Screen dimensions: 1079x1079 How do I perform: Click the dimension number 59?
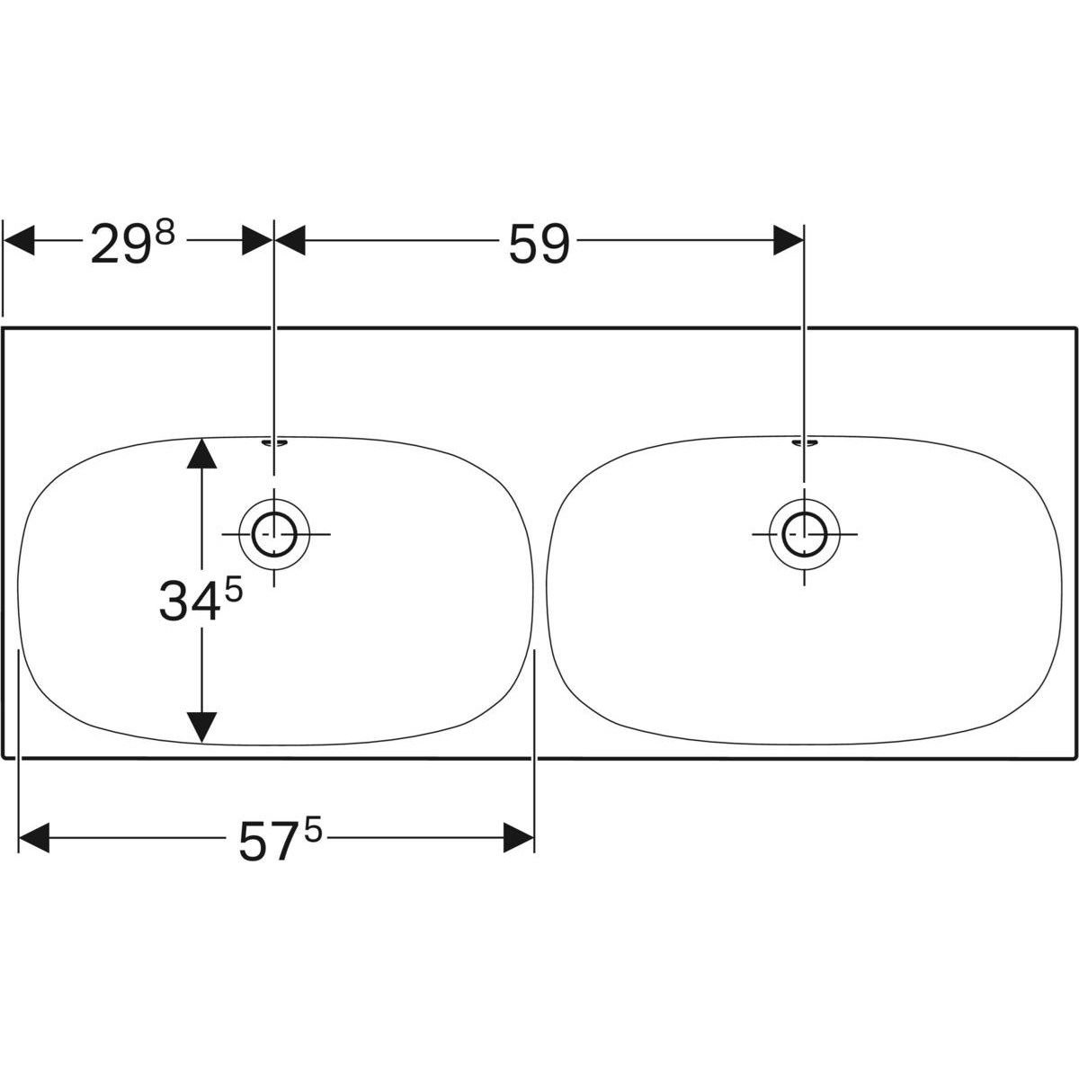[539, 244]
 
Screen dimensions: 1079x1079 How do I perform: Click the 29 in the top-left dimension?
[120, 244]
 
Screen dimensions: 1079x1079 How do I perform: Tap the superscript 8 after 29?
[164, 232]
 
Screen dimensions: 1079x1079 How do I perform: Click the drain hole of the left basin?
[274, 534]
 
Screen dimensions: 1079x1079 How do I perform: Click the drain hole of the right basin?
[805, 534]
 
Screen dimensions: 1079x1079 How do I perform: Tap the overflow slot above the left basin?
[274, 442]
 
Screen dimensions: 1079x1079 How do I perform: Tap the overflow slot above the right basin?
[805, 442]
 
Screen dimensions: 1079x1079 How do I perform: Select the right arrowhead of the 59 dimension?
[789, 240]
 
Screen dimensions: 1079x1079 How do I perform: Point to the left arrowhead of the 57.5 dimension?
[33, 838]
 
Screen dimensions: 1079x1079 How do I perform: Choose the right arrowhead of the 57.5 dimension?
[520, 838]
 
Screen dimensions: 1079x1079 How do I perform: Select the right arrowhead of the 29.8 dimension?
[257, 240]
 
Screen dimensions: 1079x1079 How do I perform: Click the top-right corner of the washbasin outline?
[1075, 328]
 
